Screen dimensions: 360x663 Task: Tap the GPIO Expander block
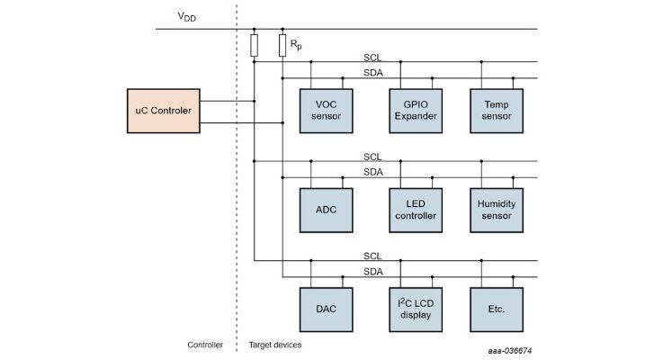point(414,111)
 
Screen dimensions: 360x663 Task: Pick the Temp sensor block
point(497,111)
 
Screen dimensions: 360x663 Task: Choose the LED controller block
point(414,210)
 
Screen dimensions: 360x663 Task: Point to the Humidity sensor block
point(497,210)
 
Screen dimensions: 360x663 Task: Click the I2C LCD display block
point(414,309)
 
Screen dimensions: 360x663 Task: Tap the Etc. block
point(497,309)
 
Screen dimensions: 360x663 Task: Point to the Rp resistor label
point(295,42)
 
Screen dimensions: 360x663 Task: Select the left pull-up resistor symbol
point(255,45)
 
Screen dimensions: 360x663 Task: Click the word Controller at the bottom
point(204,345)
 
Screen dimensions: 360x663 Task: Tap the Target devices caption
point(275,345)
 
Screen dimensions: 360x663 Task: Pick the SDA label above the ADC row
point(372,171)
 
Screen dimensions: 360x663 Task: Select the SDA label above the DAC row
point(372,271)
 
